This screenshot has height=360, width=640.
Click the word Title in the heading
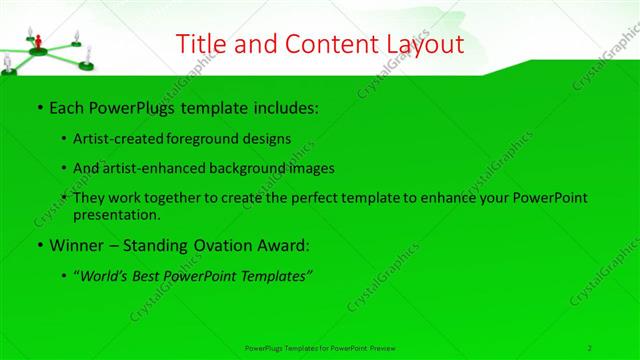[200, 44]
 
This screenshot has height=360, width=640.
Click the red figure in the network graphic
[38, 42]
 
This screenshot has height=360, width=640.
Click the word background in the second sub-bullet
[252, 168]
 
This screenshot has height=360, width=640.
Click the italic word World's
[108, 275]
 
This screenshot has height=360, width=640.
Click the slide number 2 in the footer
[590, 347]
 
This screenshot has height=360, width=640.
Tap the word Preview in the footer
[383, 347]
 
